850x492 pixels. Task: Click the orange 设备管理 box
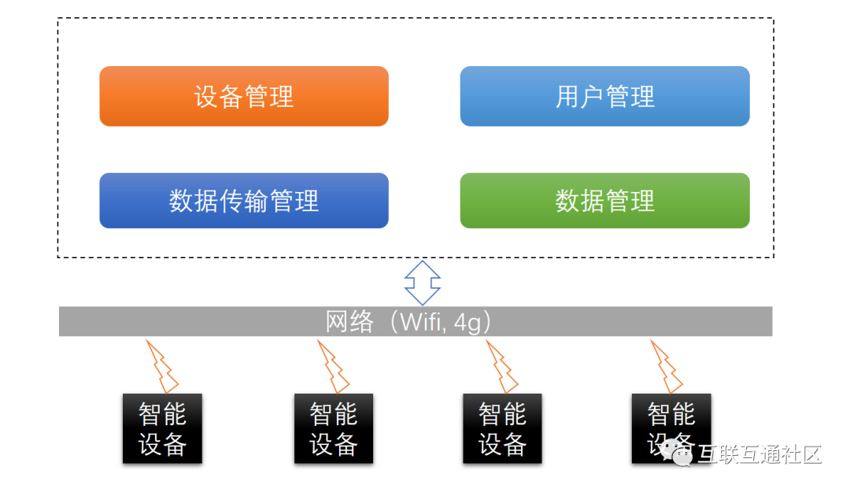pyautogui.click(x=244, y=97)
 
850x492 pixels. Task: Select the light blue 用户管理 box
pyautogui.click(x=605, y=97)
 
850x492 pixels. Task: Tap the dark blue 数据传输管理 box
pyautogui.click(x=244, y=201)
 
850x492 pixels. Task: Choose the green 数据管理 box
pyautogui.click(x=605, y=201)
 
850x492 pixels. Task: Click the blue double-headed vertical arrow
pyautogui.click(x=423, y=283)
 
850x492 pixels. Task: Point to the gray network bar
pyautogui.click(x=416, y=322)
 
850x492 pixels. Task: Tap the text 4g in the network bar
pyautogui.click(x=467, y=323)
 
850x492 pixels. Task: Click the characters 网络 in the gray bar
pyautogui.click(x=349, y=322)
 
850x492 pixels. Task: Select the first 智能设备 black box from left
pyautogui.click(x=163, y=428)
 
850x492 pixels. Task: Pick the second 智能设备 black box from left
pyautogui.click(x=334, y=428)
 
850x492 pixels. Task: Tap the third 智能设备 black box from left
pyautogui.click(x=502, y=428)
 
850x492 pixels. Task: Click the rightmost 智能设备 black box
pyautogui.click(x=671, y=428)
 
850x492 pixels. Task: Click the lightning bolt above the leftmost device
pyautogui.click(x=162, y=367)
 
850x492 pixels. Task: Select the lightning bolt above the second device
pyautogui.click(x=333, y=367)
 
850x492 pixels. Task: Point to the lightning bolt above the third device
pyautogui.click(x=502, y=367)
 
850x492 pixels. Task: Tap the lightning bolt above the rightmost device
pyautogui.click(x=667, y=367)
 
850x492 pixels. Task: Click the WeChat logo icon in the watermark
pyautogui.click(x=676, y=453)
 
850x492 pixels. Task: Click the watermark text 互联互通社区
pyautogui.click(x=760, y=454)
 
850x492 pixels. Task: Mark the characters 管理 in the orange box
pyautogui.click(x=269, y=97)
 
